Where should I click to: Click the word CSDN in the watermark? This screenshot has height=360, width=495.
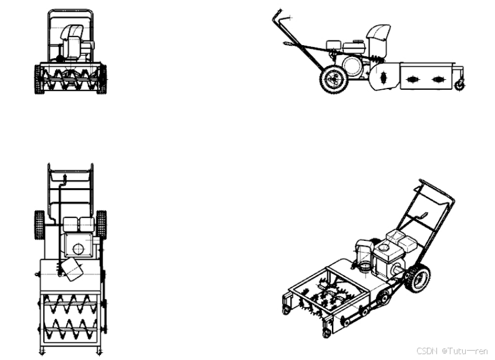427,351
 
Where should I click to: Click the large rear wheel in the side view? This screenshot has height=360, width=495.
334,79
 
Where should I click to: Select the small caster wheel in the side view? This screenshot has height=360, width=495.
460,85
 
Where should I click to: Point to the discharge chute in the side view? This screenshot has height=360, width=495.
378,39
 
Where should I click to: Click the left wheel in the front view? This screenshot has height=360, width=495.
38,80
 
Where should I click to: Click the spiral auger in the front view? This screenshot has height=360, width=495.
70,78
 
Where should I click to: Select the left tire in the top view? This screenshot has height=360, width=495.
39,225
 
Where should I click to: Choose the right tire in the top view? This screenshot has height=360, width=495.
101,225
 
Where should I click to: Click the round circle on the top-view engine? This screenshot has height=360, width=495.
78,249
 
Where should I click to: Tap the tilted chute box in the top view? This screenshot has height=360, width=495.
72,270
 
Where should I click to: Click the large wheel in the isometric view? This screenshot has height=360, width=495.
419,279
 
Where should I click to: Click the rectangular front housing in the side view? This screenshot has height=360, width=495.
427,76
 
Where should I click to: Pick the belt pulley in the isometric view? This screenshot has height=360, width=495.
383,297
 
